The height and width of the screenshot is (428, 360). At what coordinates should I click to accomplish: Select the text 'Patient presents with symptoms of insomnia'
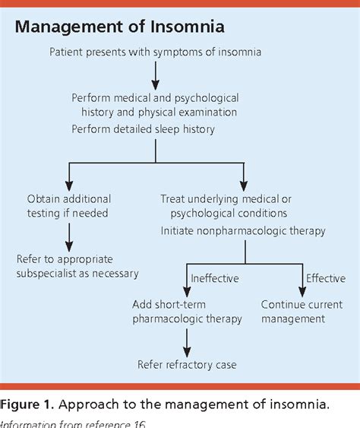click(155, 52)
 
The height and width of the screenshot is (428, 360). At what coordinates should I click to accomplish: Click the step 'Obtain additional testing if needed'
click(68, 206)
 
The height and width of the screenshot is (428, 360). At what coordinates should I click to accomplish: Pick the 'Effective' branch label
click(326, 277)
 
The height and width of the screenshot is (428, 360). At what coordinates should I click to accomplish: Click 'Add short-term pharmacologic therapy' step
click(188, 311)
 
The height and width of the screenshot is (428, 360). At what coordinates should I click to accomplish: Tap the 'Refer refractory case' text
click(187, 364)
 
